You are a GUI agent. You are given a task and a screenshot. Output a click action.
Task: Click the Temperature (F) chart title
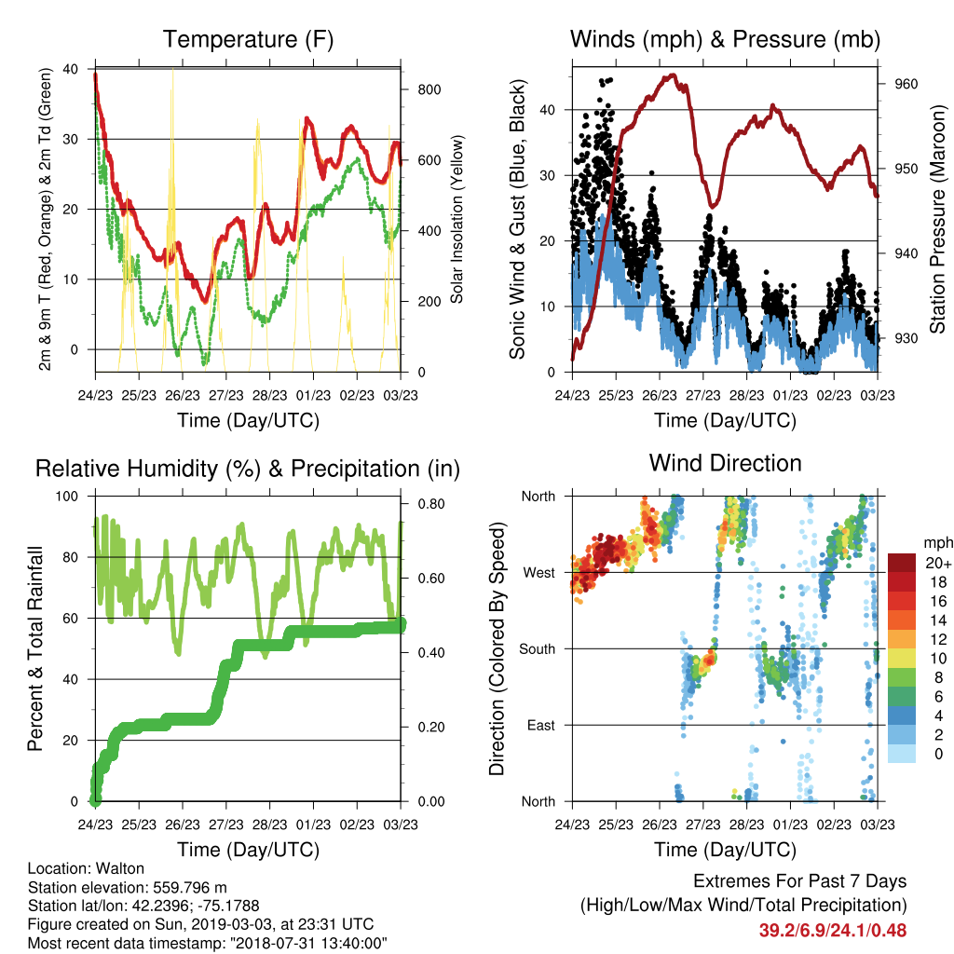(248, 39)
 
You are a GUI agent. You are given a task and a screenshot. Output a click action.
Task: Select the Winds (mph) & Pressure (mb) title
(725, 39)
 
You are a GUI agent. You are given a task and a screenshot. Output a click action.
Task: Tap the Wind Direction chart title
(725, 463)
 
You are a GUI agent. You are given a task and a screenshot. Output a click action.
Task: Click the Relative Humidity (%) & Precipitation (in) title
(248, 470)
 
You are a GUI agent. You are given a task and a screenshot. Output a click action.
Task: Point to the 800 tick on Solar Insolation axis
(429, 89)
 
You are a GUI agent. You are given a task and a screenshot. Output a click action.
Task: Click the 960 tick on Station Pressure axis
(906, 84)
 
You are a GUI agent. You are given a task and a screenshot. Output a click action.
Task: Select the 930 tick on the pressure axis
(906, 338)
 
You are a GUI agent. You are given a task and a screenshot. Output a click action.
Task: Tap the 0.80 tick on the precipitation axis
(431, 504)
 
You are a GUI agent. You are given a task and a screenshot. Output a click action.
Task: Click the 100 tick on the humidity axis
(67, 497)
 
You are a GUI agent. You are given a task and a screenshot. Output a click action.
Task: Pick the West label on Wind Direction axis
(539, 573)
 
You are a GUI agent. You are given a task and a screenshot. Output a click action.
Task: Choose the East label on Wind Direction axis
(541, 725)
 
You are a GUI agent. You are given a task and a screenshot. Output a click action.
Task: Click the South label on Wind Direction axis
(538, 649)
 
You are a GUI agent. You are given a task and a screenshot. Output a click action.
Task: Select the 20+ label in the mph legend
(938, 563)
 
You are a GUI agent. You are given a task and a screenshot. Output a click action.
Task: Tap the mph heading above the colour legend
(937, 543)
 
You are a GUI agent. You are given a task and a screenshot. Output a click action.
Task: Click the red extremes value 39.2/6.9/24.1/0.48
(832, 931)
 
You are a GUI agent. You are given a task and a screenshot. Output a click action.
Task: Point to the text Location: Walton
(87, 868)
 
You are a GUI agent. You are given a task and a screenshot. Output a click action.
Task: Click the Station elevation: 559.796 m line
(127, 887)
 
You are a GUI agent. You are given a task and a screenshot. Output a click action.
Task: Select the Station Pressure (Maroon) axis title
(937, 219)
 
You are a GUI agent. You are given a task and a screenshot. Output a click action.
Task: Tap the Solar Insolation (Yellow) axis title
(457, 219)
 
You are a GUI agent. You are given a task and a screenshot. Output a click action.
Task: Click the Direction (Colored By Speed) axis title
(497, 648)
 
